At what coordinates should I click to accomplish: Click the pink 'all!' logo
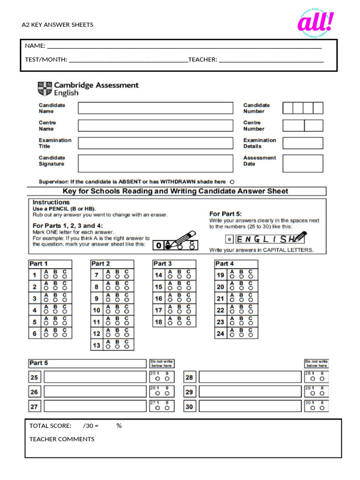[315, 23]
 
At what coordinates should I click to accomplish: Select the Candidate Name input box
[155, 108]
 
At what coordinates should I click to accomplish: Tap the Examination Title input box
[155, 143]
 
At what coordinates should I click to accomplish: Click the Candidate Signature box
[155, 163]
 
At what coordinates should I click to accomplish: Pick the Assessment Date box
[303, 163]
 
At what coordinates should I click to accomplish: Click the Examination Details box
[303, 143]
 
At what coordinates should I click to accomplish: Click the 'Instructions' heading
[51, 202]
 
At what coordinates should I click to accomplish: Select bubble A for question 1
[46, 277]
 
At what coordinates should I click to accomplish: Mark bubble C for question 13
[126, 347]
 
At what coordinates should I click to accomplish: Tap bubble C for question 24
[251, 336]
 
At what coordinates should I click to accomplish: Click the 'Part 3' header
[163, 263]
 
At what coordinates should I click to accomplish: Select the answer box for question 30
[250, 406]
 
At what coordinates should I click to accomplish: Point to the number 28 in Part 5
[189, 377]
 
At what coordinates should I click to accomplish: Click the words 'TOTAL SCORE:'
[51, 426]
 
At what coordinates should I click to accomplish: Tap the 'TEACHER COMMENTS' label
[62, 439]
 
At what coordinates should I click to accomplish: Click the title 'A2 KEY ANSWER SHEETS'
[58, 25]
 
